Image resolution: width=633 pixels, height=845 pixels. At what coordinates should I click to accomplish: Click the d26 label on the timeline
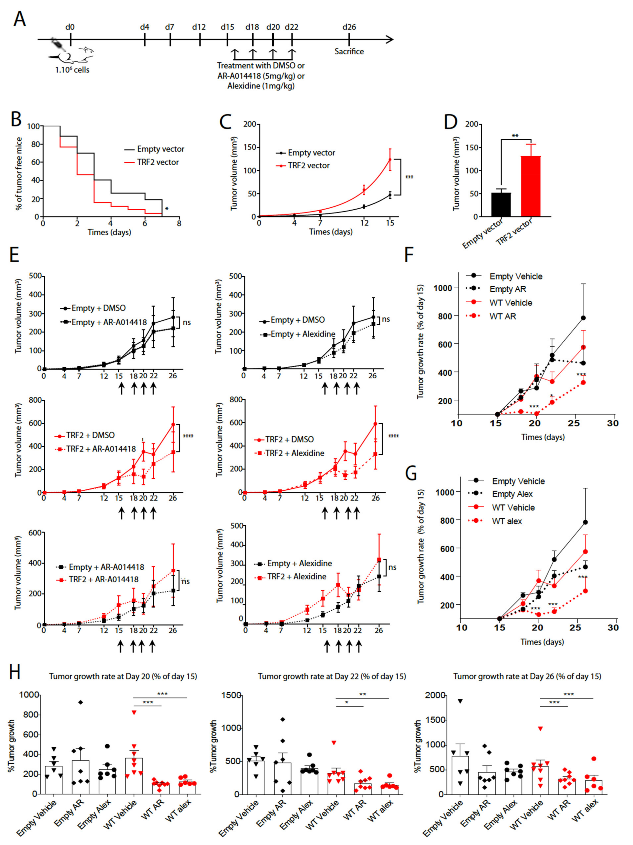(349, 27)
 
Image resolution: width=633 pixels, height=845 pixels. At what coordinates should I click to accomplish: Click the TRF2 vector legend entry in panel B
(158, 162)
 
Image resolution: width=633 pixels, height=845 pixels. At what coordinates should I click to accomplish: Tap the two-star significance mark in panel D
(515, 136)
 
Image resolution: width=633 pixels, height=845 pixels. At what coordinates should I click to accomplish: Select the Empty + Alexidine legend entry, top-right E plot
(303, 334)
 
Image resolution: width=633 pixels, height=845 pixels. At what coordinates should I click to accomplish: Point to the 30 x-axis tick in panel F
(613, 423)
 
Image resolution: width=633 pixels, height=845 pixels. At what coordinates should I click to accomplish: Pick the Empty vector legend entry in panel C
(311, 153)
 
